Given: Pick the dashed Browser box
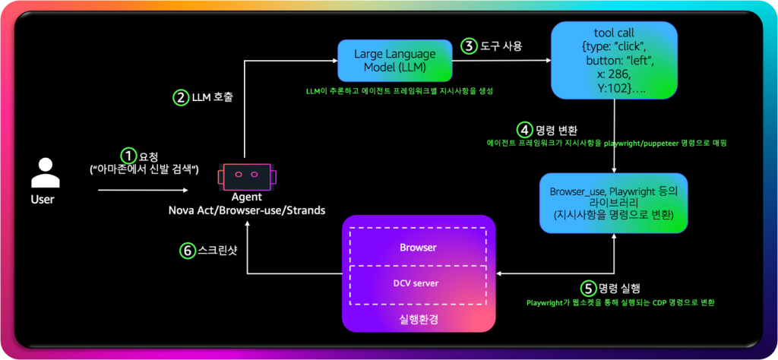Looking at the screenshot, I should coord(419,248).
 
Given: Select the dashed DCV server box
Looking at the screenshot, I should coord(419,283).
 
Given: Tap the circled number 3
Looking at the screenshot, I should coord(470,46).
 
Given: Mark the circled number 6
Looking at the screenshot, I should coord(188,249).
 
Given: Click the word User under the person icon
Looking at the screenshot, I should coord(43,201).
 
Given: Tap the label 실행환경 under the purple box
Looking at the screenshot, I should coord(419,317).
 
